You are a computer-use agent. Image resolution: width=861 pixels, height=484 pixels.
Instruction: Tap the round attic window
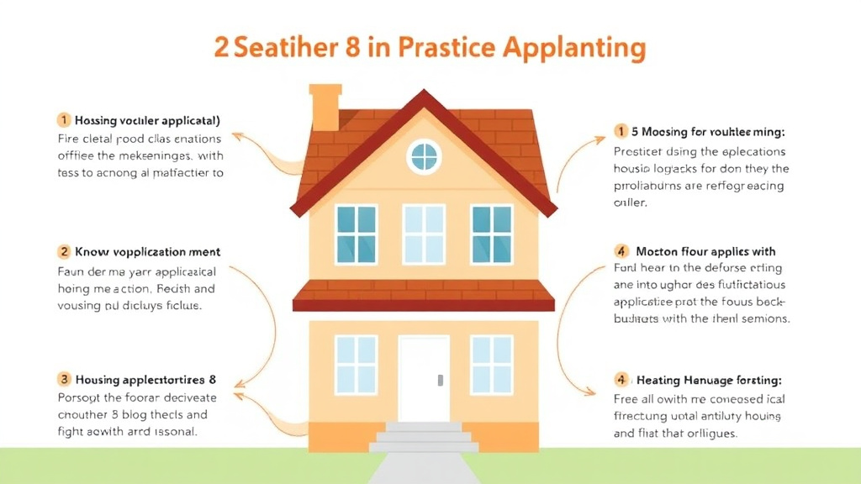pyautogui.click(x=424, y=156)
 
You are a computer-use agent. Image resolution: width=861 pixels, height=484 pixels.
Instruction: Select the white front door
pyautogui.click(x=424, y=378)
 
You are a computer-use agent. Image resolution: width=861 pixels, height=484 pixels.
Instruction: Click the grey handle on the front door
pyautogui.click(x=440, y=381)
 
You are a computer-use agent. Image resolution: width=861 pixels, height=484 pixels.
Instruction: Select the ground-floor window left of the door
pyautogui.click(x=357, y=364)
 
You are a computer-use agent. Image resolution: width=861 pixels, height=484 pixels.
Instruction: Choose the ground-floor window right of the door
pyautogui.click(x=491, y=364)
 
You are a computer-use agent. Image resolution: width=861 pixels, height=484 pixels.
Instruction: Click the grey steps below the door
pyautogui.click(x=424, y=437)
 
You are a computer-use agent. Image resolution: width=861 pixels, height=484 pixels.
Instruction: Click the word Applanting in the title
pyautogui.click(x=574, y=47)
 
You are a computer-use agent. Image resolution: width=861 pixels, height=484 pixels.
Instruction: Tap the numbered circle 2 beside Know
pyautogui.click(x=64, y=251)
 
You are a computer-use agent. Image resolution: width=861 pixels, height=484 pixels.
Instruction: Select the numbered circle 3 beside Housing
pyautogui.click(x=64, y=380)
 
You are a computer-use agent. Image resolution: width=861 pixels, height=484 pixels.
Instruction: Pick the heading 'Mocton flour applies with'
pyautogui.click(x=705, y=251)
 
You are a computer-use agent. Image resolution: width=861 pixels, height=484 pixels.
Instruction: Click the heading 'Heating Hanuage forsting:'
pyautogui.click(x=709, y=381)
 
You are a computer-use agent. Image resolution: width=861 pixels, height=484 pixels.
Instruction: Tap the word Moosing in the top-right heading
pyautogui.click(x=669, y=131)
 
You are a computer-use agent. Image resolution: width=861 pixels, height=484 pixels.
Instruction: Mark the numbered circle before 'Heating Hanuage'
pyautogui.click(x=621, y=381)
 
